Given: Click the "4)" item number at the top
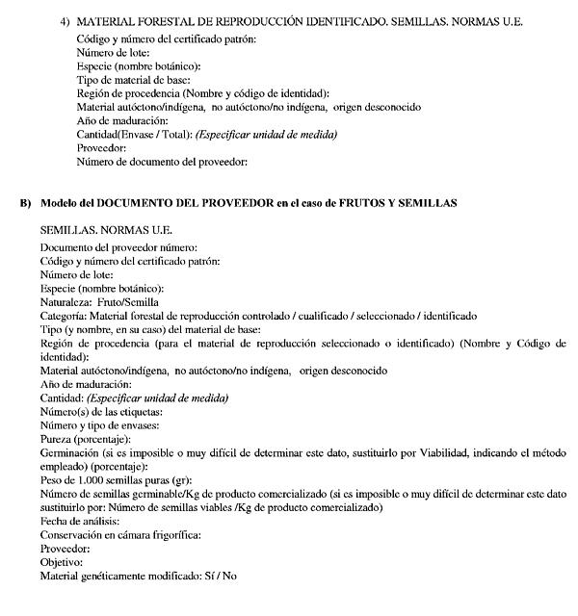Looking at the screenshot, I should (65, 21).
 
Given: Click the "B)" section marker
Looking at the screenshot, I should (27, 203).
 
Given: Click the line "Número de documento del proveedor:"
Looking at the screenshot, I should (162, 163).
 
